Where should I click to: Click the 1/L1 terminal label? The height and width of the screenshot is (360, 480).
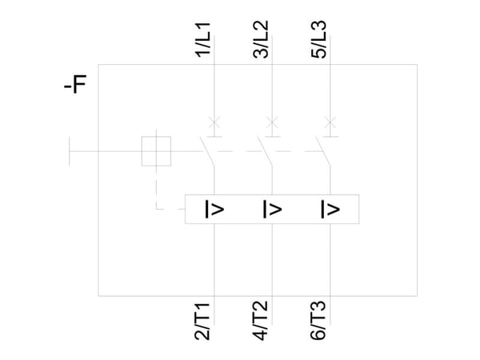[203, 40]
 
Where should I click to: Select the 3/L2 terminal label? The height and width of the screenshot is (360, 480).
[261, 39]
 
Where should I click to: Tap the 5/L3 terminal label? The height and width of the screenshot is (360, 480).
[318, 39]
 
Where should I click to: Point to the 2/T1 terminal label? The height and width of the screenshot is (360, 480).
[202, 321]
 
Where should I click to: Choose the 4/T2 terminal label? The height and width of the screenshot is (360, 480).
[260, 321]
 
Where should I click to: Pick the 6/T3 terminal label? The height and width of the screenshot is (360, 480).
[318, 321]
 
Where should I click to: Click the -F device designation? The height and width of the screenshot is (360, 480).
[75, 84]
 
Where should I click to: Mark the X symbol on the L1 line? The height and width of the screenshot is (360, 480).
[214, 122]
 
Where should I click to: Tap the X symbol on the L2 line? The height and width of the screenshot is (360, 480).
[272, 122]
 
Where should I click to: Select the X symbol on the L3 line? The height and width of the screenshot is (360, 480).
[330, 122]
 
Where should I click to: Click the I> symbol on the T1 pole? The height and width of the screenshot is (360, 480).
[214, 210]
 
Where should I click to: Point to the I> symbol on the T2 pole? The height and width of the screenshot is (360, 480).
[272, 210]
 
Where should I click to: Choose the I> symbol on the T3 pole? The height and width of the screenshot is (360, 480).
[330, 210]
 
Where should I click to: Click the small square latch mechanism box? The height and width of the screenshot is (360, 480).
[142, 151]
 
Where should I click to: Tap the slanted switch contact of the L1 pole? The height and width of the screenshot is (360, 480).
[207, 151]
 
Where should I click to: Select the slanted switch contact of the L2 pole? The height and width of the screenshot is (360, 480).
[265, 151]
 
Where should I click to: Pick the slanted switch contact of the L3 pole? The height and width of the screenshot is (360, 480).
[322, 151]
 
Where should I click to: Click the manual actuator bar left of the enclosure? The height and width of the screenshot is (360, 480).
[70, 151]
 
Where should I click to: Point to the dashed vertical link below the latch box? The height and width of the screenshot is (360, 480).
[157, 188]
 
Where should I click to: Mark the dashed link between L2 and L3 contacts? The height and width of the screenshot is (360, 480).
[294, 151]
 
